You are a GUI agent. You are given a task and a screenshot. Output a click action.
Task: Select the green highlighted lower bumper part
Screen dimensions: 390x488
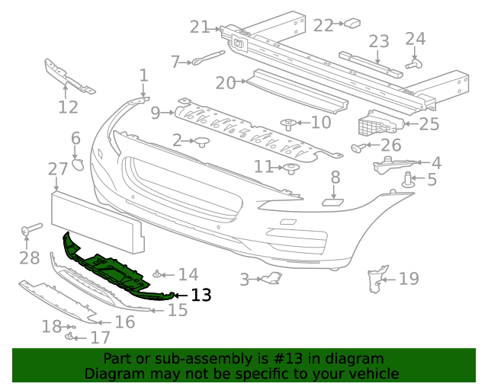pyautogui.click(x=114, y=271)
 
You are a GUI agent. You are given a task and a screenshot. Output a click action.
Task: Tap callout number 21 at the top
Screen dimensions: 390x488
pyautogui.click(x=200, y=27)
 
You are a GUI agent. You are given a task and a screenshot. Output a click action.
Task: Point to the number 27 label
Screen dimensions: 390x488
pyautogui.click(x=58, y=169)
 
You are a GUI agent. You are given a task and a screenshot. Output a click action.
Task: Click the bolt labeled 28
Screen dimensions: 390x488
pyautogui.click(x=31, y=229)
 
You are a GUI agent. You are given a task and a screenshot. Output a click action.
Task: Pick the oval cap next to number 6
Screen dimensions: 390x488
pyautogui.click(x=78, y=164)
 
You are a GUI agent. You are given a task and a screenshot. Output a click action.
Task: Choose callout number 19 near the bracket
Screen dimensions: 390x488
pyautogui.click(x=409, y=278)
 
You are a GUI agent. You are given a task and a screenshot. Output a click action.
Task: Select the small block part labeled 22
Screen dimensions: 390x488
pyautogui.click(x=352, y=23)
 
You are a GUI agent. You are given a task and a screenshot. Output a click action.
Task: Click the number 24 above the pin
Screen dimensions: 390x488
pyautogui.click(x=415, y=39)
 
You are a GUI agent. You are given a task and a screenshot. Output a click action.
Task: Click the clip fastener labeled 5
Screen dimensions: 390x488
pyautogui.click(x=409, y=181)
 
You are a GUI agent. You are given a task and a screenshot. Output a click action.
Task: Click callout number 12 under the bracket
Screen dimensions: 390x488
pyautogui.click(x=68, y=107)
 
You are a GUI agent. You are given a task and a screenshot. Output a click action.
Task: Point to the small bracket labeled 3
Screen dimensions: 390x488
pyautogui.click(x=271, y=279)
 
